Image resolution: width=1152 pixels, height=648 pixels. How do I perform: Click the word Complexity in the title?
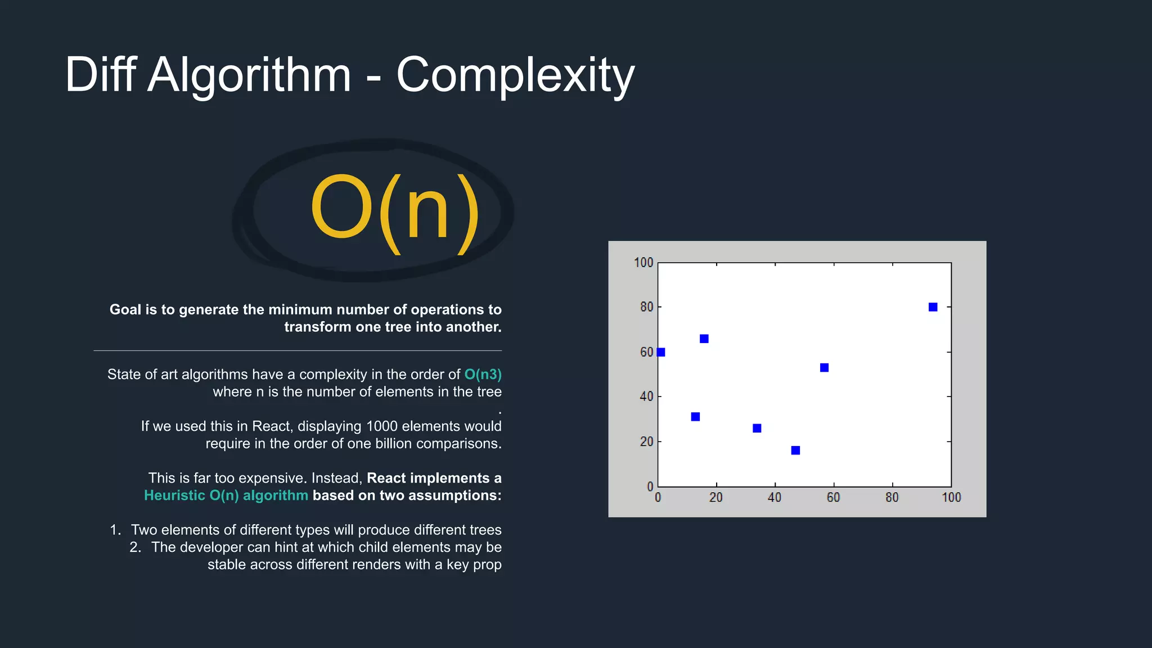pyautogui.click(x=515, y=75)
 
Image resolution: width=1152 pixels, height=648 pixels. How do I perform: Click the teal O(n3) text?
pyautogui.click(x=483, y=375)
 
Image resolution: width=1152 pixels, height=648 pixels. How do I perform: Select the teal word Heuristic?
pyautogui.click(x=174, y=496)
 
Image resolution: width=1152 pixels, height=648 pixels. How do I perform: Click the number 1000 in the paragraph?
pyautogui.click(x=381, y=426)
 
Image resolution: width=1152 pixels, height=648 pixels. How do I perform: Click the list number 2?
pyautogui.click(x=135, y=547)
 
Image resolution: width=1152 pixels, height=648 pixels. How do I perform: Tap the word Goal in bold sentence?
pyautogui.click(x=125, y=310)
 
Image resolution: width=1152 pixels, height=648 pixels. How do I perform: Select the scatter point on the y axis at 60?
pyautogui.click(x=661, y=352)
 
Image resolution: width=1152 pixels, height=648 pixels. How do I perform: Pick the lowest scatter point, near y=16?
pyautogui.click(x=795, y=451)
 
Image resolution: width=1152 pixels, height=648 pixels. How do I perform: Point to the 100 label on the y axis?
pyautogui.click(x=643, y=263)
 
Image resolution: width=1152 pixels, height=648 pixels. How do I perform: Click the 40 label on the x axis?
pyautogui.click(x=775, y=498)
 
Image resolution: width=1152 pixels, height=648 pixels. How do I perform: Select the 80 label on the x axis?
pyautogui.click(x=892, y=498)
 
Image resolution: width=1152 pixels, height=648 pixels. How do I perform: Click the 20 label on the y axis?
pyautogui.click(x=646, y=442)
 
